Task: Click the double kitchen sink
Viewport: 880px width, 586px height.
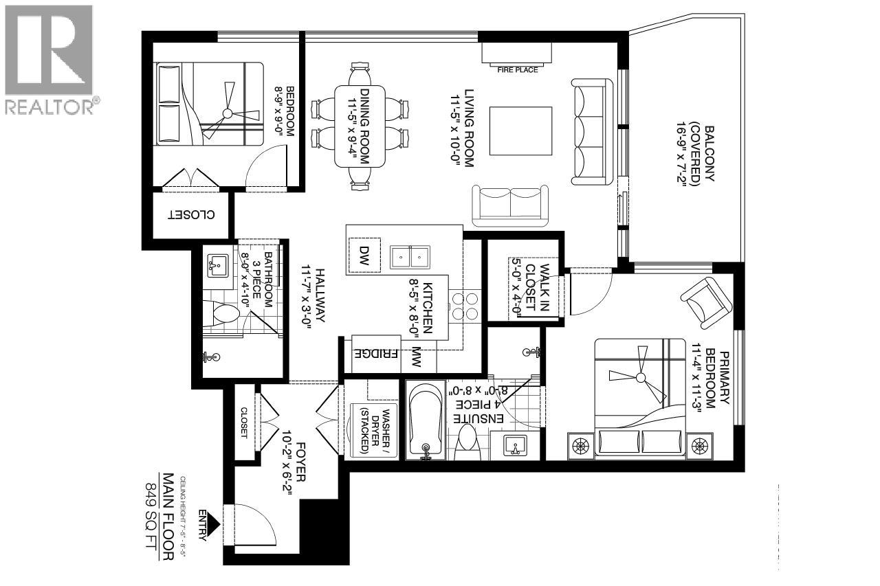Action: coord(410,257)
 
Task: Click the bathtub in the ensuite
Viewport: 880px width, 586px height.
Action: coord(424,419)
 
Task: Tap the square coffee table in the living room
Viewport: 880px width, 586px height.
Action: coord(520,131)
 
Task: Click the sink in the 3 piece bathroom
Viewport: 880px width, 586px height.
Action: coord(219,264)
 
